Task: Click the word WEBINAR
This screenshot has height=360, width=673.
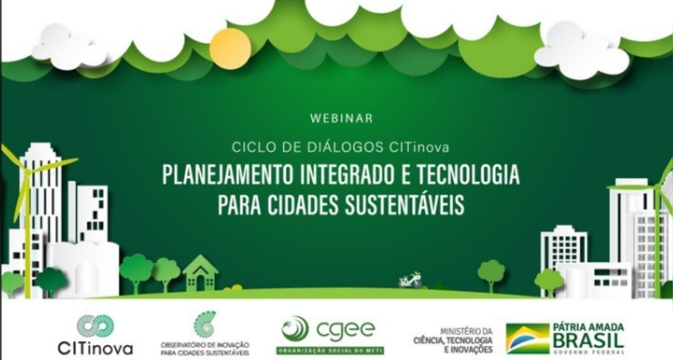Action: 342,118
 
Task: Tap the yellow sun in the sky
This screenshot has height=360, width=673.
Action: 230,49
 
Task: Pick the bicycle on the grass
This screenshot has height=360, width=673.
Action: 411,281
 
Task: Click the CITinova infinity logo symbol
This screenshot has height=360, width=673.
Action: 95,326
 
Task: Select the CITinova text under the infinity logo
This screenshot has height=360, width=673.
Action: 95,349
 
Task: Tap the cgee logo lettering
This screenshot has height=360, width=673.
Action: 346,330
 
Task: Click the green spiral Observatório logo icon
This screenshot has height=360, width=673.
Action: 204,325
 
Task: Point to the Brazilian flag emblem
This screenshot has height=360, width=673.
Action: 527,338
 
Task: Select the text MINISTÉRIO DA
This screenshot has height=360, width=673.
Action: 466,332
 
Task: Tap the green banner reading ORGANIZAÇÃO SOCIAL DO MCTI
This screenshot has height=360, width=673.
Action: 330,351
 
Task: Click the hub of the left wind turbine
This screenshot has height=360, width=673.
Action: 27,173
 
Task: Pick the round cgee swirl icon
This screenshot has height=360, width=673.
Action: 295,330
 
